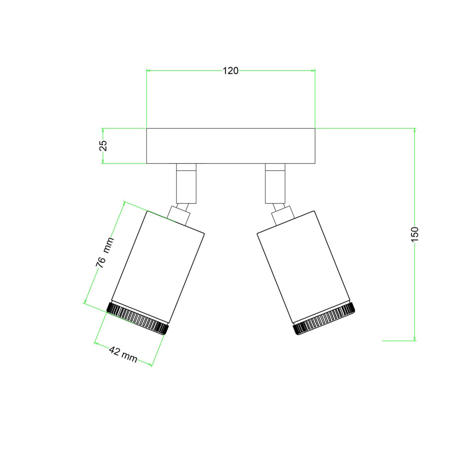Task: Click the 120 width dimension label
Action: [x=230, y=71]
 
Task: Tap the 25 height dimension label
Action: [x=103, y=145]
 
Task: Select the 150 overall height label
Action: [x=414, y=234]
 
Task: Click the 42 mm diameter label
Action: [x=123, y=354]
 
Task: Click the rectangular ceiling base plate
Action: [x=231, y=146]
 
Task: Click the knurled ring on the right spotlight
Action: [x=324, y=318]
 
